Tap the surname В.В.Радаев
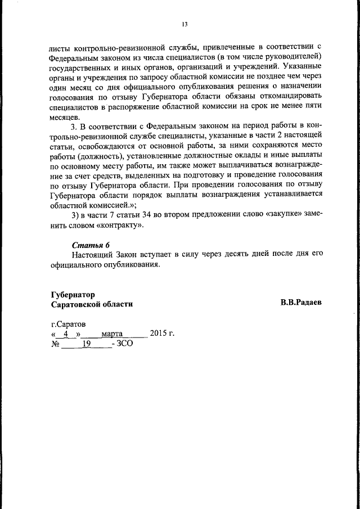[x=301, y=303]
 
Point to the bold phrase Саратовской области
[x=92, y=304]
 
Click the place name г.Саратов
[x=69, y=325]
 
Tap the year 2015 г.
[x=162, y=334]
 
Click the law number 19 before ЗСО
[x=86, y=344]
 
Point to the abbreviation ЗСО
[x=124, y=344]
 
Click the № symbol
[x=55, y=344]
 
